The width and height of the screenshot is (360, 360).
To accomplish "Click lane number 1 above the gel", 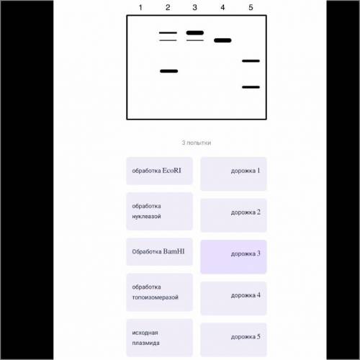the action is pos(140,7).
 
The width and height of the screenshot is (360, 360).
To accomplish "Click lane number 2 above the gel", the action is pos(168,7).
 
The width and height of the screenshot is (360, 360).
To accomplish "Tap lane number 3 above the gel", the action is pos(195,7).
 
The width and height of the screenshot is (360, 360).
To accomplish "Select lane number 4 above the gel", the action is pos(222,7).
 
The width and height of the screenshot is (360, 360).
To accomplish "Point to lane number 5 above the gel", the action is pos(251,7).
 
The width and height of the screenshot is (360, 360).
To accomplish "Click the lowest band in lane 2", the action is pos(169,71).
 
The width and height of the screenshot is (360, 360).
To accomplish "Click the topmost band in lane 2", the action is pos(168,32).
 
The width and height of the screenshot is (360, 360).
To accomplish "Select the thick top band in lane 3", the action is pos(195,33).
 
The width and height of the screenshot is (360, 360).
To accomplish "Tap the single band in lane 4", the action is pos(222,40).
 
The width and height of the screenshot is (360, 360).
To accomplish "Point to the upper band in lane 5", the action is pos(251,61).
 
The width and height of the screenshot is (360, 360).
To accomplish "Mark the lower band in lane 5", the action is pos(251,87).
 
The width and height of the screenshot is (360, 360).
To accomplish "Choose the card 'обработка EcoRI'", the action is pos(159,171).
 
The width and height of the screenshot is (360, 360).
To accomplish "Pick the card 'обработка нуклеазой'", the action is pos(159,211).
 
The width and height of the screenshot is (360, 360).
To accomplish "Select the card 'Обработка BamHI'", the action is pos(159,252).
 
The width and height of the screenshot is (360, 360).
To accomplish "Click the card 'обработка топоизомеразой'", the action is pos(159,292).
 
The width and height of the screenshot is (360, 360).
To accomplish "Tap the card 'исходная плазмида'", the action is pos(159,338).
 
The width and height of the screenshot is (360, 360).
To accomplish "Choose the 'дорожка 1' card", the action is pos(233,174).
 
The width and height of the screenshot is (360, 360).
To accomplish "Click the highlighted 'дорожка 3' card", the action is pos(233,257).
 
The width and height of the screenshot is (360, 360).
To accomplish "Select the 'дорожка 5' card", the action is pos(233,340).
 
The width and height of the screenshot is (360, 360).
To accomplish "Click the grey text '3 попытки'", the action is pos(197,143).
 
